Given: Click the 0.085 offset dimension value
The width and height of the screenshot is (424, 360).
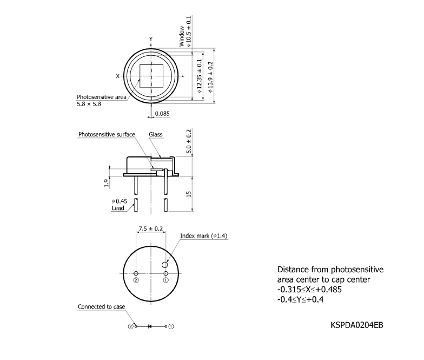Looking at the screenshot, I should [x=163, y=114].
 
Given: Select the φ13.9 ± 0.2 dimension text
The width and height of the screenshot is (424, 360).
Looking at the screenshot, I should [x=211, y=76].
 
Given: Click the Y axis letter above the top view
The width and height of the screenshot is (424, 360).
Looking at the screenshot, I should [x=151, y=38].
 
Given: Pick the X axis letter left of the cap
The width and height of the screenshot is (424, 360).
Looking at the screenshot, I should [x=117, y=76].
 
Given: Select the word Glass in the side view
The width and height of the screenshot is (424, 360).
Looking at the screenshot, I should [x=156, y=134].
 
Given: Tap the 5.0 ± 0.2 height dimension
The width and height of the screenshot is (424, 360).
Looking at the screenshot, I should [x=189, y=142].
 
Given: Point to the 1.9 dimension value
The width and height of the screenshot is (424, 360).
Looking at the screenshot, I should [x=105, y=183].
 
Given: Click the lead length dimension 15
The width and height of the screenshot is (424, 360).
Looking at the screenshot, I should [x=189, y=193].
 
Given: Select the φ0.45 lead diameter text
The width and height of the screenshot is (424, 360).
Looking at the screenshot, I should [x=118, y=201].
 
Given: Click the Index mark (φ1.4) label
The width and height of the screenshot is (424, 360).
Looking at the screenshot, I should [x=197, y=236].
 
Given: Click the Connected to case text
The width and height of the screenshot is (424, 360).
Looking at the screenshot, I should [x=101, y=307].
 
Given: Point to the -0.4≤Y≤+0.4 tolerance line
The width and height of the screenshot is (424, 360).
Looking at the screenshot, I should [x=300, y=299].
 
